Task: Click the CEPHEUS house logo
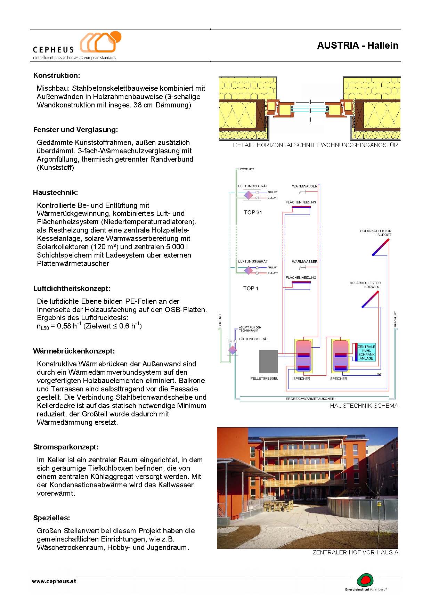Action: click(x=100, y=42)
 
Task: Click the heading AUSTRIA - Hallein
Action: click(x=357, y=46)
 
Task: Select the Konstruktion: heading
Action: click(x=57, y=75)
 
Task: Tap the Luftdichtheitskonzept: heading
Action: click(x=72, y=288)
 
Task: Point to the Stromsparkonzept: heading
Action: click(x=66, y=447)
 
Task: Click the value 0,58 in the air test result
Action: click(x=63, y=326)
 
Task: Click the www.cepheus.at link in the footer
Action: click(x=54, y=581)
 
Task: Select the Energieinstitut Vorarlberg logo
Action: click(x=365, y=581)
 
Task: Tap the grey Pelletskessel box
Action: click(x=269, y=362)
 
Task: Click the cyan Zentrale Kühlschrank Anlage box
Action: click(x=366, y=352)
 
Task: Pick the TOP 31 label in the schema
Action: click(x=253, y=212)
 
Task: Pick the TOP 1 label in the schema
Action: click(x=251, y=288)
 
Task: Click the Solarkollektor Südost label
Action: click(x=375, y=233)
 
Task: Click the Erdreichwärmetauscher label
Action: click(x=310, y=399)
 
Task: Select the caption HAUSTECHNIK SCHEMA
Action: click(x=364, y=406)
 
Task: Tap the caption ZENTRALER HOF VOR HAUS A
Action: click(x=355, y=552)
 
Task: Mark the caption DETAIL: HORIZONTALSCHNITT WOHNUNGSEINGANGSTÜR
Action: click(x=315, y=145)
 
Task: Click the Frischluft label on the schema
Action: click(x=396, y=319)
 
